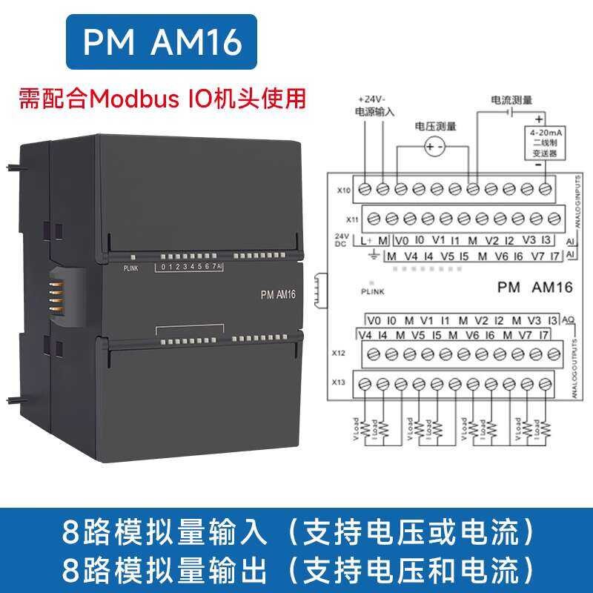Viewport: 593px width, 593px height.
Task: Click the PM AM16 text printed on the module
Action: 278,294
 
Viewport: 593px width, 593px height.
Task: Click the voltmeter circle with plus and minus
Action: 434,148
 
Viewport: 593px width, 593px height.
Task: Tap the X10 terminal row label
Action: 343,191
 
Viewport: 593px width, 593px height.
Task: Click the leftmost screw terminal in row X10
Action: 365,189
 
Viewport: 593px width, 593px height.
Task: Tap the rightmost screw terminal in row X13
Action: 546,384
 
